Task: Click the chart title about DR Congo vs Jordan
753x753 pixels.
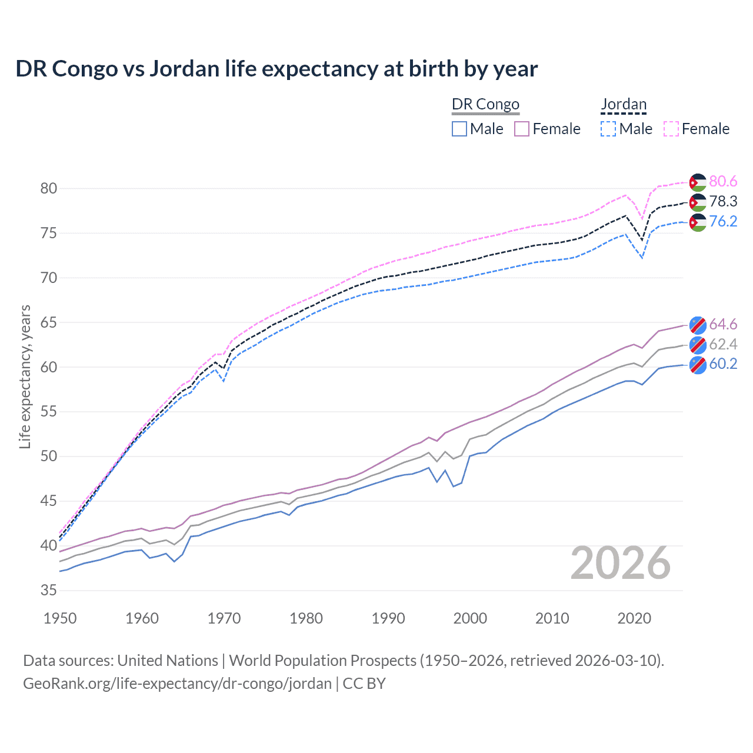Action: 276,69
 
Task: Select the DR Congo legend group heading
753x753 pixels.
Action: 485,104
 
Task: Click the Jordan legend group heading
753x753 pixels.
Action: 624,104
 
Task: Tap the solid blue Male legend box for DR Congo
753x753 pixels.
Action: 459,129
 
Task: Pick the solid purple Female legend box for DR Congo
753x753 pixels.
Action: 522,129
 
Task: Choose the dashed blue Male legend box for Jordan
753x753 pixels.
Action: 608,129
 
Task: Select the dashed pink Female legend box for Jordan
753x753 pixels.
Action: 671,129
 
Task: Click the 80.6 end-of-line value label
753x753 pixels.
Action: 723,181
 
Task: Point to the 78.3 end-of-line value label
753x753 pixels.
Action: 723,201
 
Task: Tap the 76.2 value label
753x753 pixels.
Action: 723,221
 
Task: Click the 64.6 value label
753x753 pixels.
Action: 723,324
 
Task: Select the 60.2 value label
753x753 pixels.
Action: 723,364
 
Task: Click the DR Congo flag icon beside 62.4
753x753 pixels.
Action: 698,344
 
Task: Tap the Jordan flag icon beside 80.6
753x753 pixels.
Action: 698,182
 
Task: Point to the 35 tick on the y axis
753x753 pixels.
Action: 49,590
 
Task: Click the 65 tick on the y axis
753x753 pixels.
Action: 49,322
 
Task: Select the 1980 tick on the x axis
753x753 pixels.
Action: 306,618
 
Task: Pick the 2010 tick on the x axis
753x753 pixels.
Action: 552,618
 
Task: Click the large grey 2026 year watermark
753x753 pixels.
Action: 621,563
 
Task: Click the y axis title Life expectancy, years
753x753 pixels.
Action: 25,376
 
